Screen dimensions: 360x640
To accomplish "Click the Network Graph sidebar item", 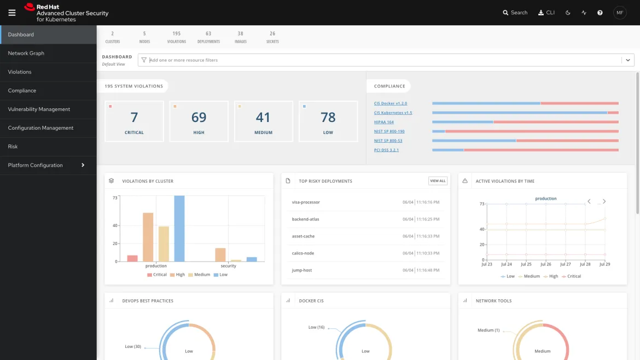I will pyautogui.click(x=26, y=53).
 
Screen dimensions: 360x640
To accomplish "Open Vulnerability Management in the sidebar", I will pyautogui.click(x=39, y=109).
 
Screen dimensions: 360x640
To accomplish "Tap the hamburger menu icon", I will pyautogui.click(x=12, y=13).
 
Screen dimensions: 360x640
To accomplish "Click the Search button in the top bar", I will pyautogui.click(x=515, y=13).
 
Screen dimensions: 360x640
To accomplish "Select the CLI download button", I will pyautogui.click(x=546, y=13).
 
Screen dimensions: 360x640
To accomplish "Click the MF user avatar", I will pyautogui.click(x=619, y=13).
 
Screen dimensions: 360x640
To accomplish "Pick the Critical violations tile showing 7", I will pyautogui.click(x=134, y=121).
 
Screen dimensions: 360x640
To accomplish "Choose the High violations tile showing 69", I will pyautogui.click(x=199, y=121).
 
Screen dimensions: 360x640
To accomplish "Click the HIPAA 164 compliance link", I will pyautogui.click(x=384, y=122).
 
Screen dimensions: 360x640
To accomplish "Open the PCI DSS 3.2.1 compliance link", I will pyautogui.click(x=386, y=150).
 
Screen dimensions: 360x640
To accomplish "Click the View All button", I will pyautogui.click(x=438, y=181).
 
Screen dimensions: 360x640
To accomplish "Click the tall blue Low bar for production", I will pyautogui.click(x=179, y=229).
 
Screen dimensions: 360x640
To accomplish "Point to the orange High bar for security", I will pyautogui.click(x=220, y=255).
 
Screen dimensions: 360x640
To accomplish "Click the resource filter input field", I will pyautogui.click(x=383, y=60).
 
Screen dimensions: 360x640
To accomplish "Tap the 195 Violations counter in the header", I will pyautogui.click(x=176, y=37).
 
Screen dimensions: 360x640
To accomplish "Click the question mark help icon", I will pyautogui.click(x=600, y=13).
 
